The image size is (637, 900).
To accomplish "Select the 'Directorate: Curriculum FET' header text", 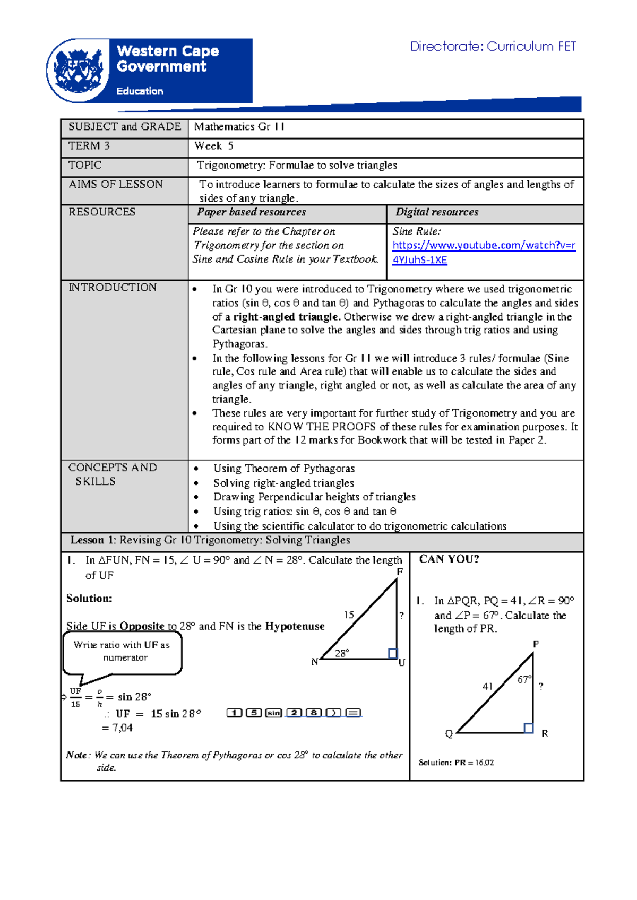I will click(493, 47).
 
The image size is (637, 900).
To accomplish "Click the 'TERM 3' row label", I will click(89, 146).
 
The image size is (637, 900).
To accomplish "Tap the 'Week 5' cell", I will click(213, 146).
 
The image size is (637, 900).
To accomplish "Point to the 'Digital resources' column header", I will click(436, 212).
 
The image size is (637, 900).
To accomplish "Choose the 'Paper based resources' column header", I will click(251, 212).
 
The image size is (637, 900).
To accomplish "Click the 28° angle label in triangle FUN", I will click(342, 653).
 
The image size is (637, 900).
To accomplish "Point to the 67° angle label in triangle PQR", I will click(524, 679).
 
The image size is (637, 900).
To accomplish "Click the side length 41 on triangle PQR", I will click(487, 686).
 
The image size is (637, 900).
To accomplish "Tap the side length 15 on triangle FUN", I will click(349, 615).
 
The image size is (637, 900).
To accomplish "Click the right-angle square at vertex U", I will click(393, 653).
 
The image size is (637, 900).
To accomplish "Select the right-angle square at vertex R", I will click(528, 728).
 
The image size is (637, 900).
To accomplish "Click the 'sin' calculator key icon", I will click(273, 713).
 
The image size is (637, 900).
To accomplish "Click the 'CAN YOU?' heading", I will click(449, 559).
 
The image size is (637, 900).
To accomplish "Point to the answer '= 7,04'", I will click(117, 728).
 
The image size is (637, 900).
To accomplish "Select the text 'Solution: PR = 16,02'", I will click(456, 763).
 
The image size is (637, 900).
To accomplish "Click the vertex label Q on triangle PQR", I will click(449, 733).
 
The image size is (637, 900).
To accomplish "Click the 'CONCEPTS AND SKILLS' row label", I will click(112, 474).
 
